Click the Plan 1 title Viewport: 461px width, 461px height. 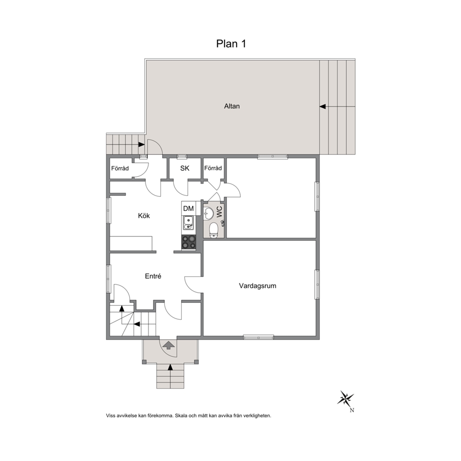(231, 44)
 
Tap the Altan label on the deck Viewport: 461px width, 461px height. (232, 106)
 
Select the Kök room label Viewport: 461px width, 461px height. (144, 216)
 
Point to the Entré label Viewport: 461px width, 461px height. (153, 276)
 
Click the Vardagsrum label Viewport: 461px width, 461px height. (257, 286)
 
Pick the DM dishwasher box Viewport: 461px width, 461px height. (189, 209)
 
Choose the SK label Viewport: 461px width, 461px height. (184, 168)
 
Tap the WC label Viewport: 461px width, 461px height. (219, 212)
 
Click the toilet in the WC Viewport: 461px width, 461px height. (213, 230)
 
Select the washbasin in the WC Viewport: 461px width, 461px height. (209, 213)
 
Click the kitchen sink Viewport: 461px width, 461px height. (188, 223)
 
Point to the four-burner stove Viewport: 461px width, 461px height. (189, 243)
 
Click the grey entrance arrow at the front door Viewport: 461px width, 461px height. (169, 345)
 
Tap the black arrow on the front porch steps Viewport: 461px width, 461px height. (170, 367)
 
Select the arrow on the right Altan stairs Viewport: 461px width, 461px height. (323, 106)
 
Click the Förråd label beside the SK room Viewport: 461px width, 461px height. (213, 168)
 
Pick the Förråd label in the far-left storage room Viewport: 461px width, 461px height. (120, 169)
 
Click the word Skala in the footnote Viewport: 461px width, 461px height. (181, 416)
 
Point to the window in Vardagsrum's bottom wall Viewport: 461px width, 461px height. (258, 337)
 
